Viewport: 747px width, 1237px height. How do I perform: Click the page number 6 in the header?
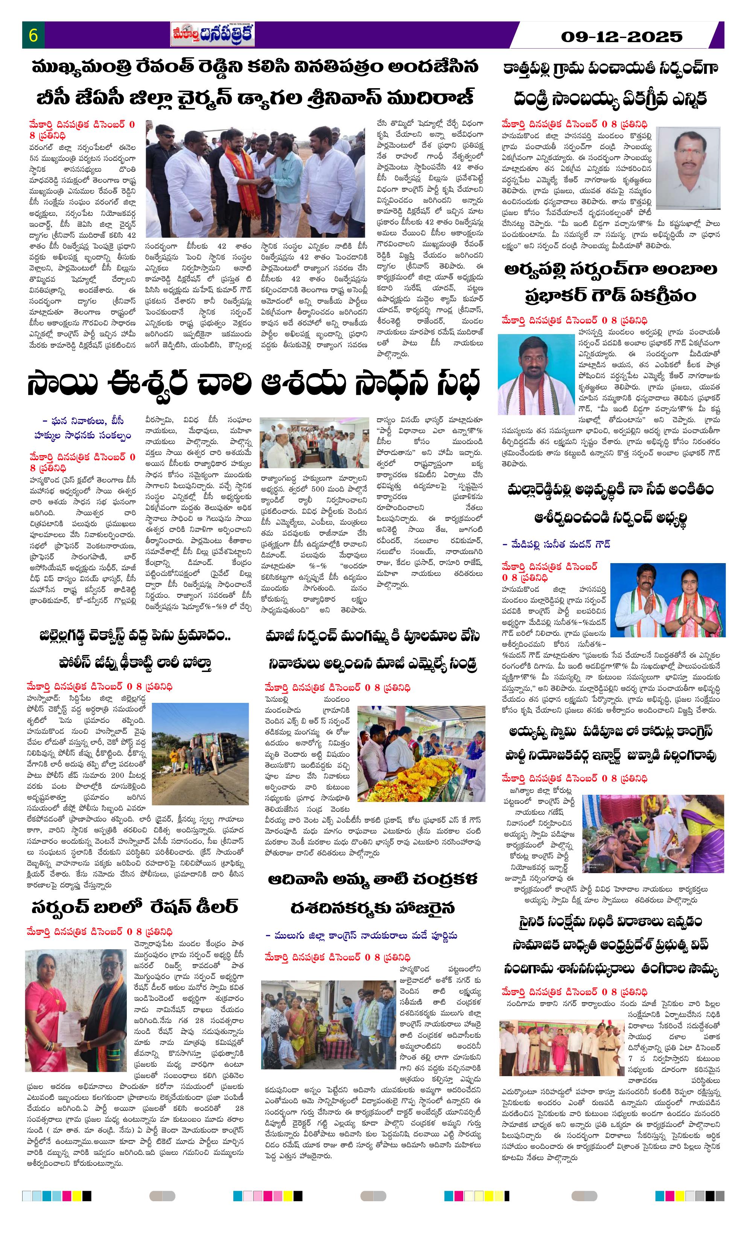pos(33,36)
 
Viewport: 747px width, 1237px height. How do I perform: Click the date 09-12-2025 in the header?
pos(622,37)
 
